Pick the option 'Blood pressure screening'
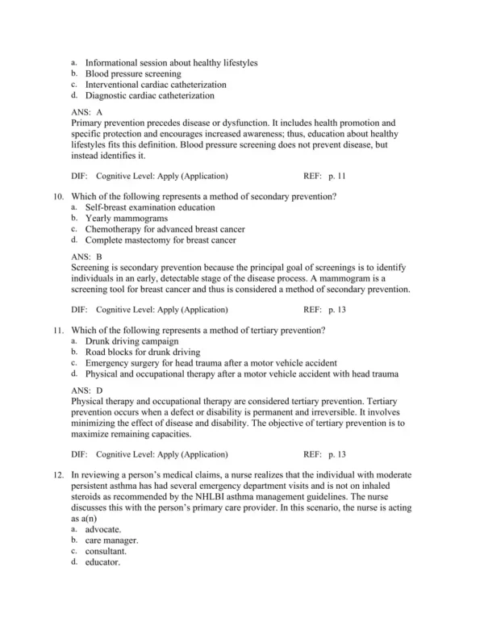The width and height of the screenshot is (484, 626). click(133, 73)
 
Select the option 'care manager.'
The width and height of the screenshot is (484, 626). click(112, 540)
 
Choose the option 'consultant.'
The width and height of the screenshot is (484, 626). click(107, 551)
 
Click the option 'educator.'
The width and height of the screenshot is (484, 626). click(103, 562)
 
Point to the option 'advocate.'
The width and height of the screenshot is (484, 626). click(106, 529)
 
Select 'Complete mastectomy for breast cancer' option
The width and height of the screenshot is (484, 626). click(161, 240)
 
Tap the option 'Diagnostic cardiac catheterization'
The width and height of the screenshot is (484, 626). click(150, 95)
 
